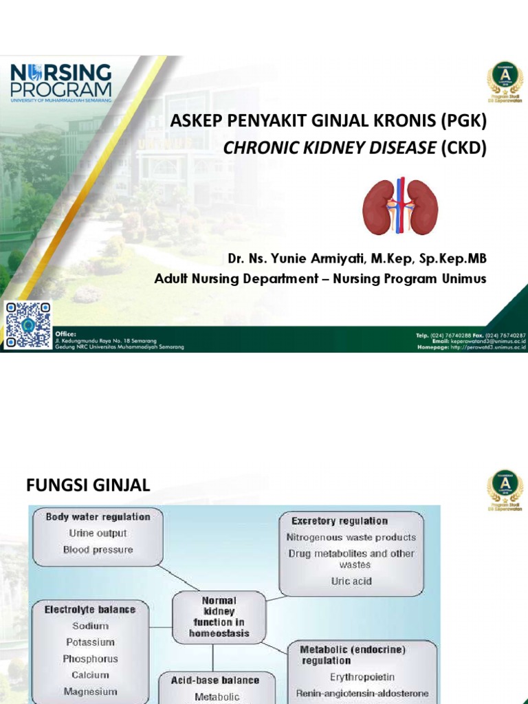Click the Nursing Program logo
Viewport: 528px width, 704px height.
point(60,82)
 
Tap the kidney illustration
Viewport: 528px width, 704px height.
point(400,206)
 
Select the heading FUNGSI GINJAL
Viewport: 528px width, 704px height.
point(88,486)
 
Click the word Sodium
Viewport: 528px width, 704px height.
point(89,626)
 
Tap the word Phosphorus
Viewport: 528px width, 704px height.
point(90,659)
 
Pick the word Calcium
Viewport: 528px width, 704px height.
point(90,675)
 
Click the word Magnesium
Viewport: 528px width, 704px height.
point(90,692)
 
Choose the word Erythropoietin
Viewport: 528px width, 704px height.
point(362,677)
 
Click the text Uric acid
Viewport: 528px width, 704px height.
point(351,581)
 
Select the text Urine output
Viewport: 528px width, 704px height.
point(98,533)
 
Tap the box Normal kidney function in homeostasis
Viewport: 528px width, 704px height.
point(219,617)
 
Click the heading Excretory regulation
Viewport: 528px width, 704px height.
point(339,521)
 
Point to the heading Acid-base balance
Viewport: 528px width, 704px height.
point(215,680)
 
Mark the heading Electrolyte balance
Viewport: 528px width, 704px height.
point(90,609)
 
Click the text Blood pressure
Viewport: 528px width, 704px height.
point(98,549)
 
